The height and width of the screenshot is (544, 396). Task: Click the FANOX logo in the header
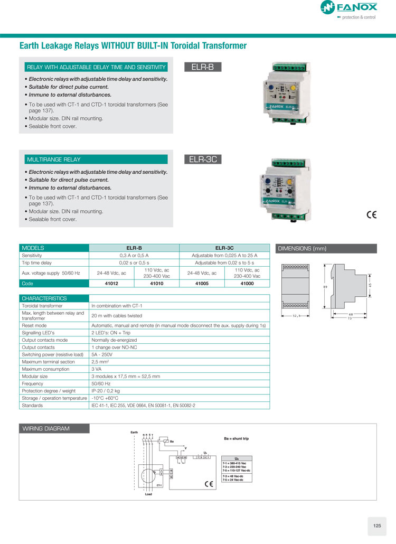348,8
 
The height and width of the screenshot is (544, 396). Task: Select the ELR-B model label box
203,67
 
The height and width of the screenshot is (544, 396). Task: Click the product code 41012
112,284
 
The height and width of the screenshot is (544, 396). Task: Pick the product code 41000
247,284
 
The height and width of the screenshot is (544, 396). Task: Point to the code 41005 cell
202,284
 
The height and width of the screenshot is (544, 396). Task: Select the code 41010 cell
157,284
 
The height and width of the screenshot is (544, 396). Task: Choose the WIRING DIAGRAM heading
46,428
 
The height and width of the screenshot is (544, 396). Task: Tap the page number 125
376,526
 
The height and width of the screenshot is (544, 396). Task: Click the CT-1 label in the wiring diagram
159,484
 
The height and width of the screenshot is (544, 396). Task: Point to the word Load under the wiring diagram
148,494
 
